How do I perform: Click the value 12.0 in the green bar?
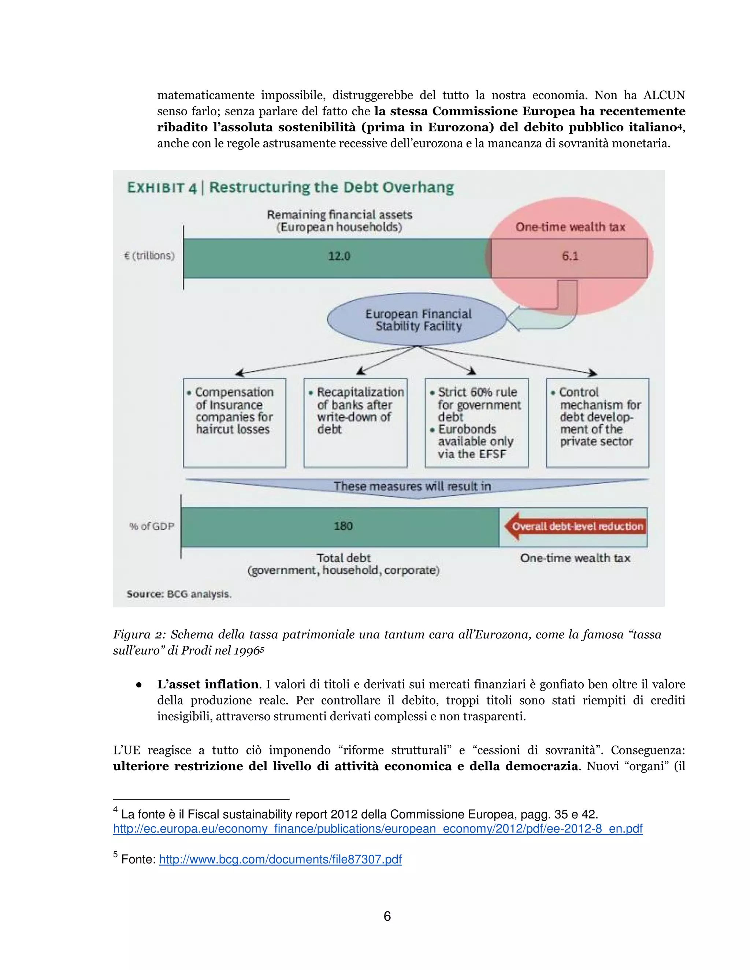pyautogui.click(x=339, y=256)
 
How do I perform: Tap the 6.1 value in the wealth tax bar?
pyautogui.click(x=570, y=256)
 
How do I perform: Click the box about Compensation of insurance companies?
pyautogui.click(x=234, y=422)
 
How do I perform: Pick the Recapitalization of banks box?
pyautogui.click(x=356, y=422)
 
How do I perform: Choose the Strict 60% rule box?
pyautogui.click(x=476, y=422)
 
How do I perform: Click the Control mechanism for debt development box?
pyautogui.click(x=597, y=422)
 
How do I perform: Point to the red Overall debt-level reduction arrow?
pyautogui.click(x=575, y=526)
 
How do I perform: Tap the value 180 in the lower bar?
pyautogui.click(x=343, y=526)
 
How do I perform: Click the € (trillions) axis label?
pyautogui.click(x=149, y=256)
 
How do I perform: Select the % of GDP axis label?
pyautogui.click(x=152, y=526)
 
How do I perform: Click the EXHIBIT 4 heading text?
pyautogui.click(x=162, y=187)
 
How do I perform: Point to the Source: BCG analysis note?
pyautogui.click(x=179, y=594)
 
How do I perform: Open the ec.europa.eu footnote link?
pyautogui.click(x=378, y=829)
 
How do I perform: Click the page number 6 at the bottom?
pyautogui.click(x=387, y=916)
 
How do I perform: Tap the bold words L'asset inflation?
pyautogui.click(x=208, y=684)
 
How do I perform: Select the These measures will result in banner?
pyautogui.click(x=412, y=486)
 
